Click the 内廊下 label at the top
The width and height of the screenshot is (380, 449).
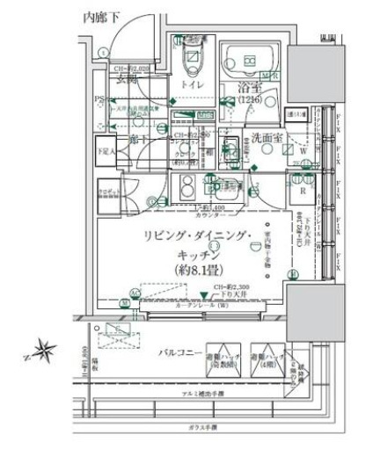click(x=101, y=16)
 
